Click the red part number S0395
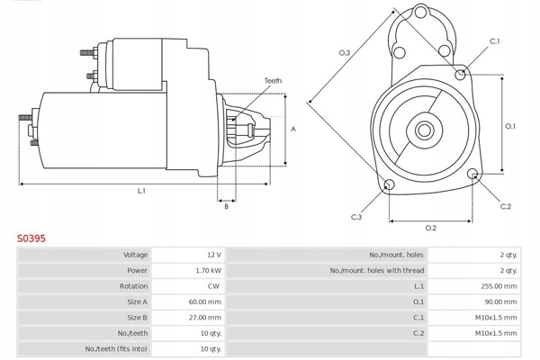pyautogui.click(x=31, y=239)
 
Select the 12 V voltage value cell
pyautogui.click(x=212, y=255)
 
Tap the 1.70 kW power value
pyautogui.click(x=208, y=270)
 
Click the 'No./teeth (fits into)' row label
pyautogui.click(x=115, y=348)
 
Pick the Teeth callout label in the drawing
pyautogui.click(x=273, y=81)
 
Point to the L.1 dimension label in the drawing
pyautogui.click(x=141, y=190)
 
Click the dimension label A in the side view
pyautogui.click(x=293, y=129)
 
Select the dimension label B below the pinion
pyautogui.click(x=226, y=207)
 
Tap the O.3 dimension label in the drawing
pyautogui.click(x=345, y=52)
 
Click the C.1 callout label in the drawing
pyautogui.click(x=494, y=41)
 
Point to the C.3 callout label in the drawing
pyautogui.click(x=356, y=217)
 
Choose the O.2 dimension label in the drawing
pyautogui.click(x=430, y=228)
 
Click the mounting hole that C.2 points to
pyautogui.click(x=474, y=174)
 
